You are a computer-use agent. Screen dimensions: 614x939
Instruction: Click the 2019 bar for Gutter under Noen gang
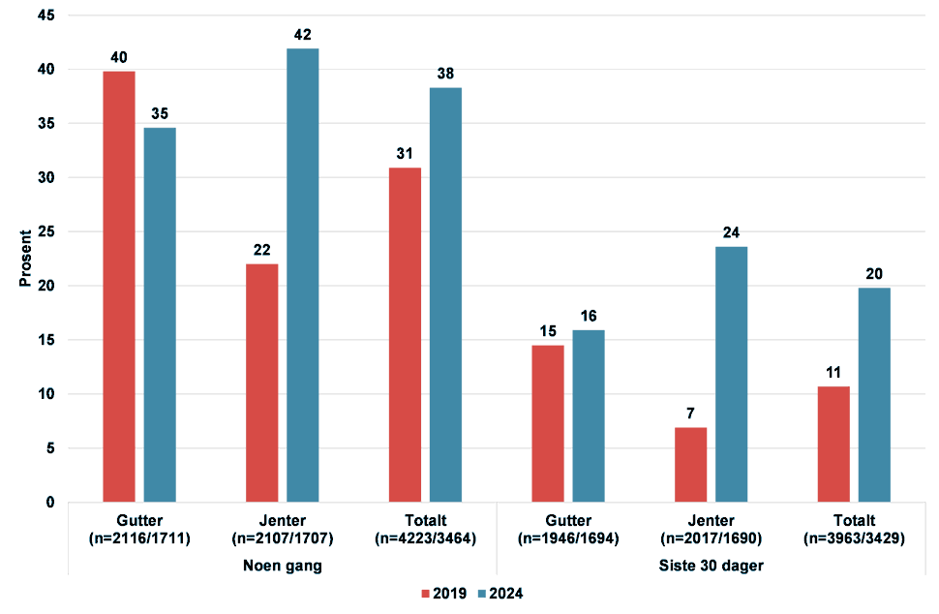point(118,287)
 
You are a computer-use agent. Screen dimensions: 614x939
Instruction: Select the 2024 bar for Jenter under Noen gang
point(302,276)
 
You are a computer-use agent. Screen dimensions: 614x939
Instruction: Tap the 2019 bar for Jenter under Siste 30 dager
point(690,465)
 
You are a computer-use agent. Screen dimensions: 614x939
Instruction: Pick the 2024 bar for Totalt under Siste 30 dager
point(874,395)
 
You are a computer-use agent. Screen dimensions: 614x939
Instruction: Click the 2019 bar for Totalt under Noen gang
point(405,335)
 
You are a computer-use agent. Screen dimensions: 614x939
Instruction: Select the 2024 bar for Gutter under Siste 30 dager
point(589,416)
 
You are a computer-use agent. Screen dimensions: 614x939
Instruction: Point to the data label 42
point(303,35)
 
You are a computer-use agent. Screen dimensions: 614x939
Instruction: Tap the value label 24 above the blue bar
point(731,233)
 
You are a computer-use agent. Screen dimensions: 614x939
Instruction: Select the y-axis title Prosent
point(25,259)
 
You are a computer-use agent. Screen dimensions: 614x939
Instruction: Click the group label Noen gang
point(281,567)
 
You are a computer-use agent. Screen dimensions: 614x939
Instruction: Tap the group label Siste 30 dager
point(711,567)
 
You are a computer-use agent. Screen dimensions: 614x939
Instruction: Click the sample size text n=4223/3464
point(424,539)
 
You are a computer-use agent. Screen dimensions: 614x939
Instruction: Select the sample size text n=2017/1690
point(711,539)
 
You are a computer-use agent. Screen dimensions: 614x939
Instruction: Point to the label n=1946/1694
point(567,539)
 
